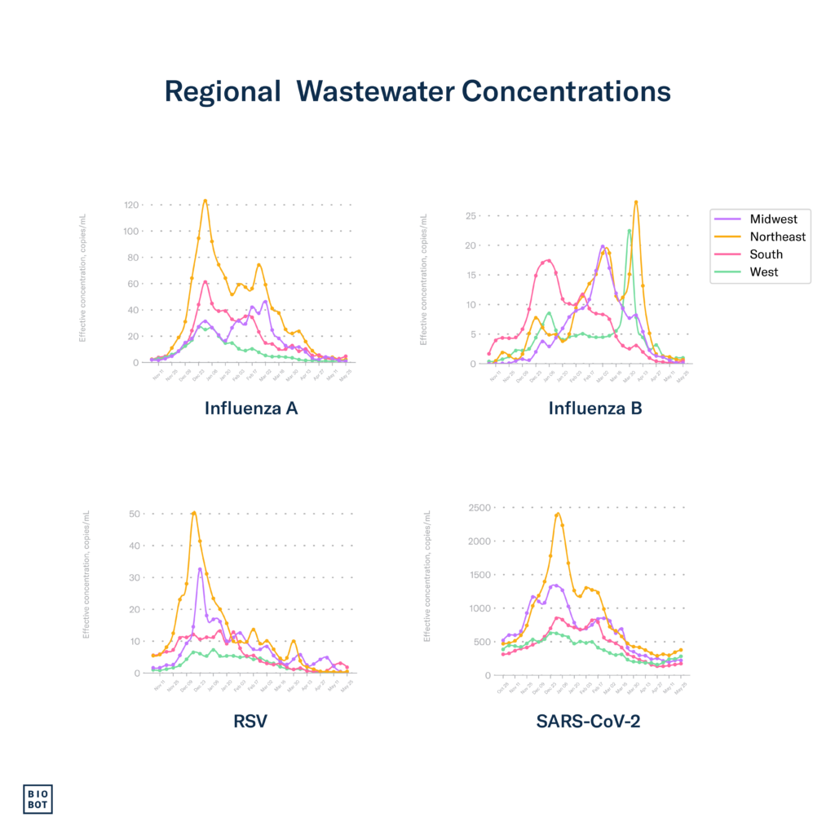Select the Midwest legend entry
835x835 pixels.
click(x=774, y=219)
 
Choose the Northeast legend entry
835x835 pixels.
click(x=777, y=236)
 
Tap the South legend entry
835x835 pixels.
click(x=766, y=254)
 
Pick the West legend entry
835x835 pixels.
click(x=764, y=272)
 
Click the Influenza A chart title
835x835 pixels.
click(x=251, y=409)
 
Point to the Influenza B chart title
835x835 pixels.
click(x=595, y=409)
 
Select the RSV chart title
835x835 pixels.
click(x=250, y=721)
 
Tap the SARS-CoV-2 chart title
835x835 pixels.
click(x=587, y=721)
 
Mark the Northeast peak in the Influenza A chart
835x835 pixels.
click(x=205, y=200)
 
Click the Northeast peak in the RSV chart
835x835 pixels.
click(x=194, y=512)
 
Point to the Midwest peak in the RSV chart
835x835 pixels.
click(x=201, y=568)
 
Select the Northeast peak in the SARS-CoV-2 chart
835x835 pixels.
click(x=558, y=514)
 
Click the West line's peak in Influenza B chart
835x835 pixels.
click(x=629, y=230)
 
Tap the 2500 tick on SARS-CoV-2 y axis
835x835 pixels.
click(x=479, y=508)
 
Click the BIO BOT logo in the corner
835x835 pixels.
click(x=38, y=798)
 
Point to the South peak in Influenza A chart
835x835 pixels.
click(x=205, y=281)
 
